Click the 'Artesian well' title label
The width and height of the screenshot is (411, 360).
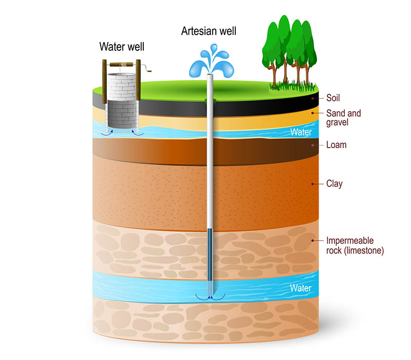[209, 30]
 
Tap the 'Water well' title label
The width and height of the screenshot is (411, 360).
[122, 47]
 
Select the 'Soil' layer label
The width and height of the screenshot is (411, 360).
[333, 98]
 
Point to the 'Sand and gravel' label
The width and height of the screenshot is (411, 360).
[344, 118]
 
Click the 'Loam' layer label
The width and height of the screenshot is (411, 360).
[337, 145]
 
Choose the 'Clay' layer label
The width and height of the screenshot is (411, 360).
[334, 184]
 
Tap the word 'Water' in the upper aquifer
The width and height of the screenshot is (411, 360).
[301, 132]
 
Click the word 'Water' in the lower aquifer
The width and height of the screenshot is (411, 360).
[301, 288]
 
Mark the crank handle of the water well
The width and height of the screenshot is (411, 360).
[150, 68]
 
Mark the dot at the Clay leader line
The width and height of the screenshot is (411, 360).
[312, 184]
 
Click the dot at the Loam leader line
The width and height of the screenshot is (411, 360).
[312, 145]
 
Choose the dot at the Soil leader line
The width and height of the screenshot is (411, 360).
[312, 98]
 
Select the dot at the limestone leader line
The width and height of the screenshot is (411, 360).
[312, 240]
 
